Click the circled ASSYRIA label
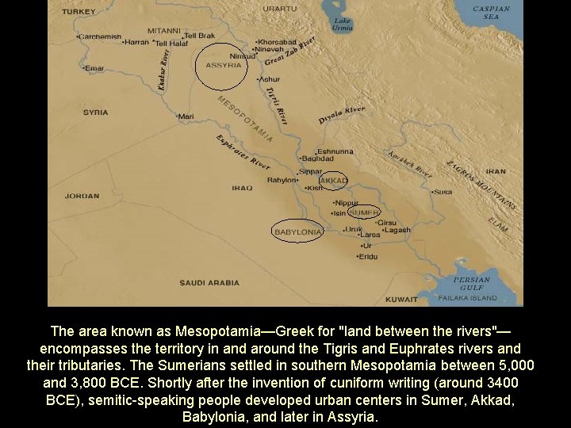coord(224,65)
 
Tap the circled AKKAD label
coord(333,181)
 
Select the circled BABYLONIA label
coord(297,231)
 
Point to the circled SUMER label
coord(364,212)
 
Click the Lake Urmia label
coord(343,23)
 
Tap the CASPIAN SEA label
coord(492,13)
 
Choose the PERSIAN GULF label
coord(472,283)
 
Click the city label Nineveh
coord(269,48)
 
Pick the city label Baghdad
coord(317,159)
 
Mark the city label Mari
coord(186,117)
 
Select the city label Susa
coord(442,192)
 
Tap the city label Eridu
coord(368,257)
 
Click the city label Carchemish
coord(100,36)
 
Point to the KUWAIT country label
coord(401,300)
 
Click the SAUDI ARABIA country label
coord(209,282)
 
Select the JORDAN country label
coord(82,196)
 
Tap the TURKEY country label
coord(79,12)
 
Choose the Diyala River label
coord(342,115)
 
